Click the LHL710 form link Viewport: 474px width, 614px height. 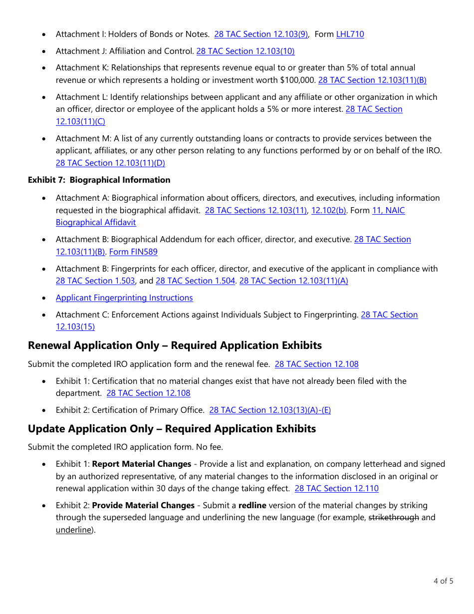coord(350,34)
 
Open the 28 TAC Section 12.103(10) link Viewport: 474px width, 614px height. coord(245,51)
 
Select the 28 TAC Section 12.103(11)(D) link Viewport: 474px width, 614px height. coord(110,163)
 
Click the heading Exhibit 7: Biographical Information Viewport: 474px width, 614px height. coord(99,180)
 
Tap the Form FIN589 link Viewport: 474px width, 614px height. coord(133,252)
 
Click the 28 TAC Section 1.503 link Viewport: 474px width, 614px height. coord(95,281)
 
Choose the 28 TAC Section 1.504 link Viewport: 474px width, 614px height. coord(195,281)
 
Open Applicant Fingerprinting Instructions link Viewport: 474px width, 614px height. coord(124,298)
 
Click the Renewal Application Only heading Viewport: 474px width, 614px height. coord(175,345)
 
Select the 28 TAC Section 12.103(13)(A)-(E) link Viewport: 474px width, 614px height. coord(270,410)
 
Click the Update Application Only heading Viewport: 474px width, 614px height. coord(172,429)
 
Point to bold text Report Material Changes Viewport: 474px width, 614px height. coord(142,464)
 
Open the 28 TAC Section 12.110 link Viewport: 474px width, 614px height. coord(336,488)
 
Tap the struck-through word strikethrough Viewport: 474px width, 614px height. coord(394,517)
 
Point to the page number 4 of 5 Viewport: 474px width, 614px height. coord(443,581)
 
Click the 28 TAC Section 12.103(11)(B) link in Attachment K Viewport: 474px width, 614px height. coord(372,80)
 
